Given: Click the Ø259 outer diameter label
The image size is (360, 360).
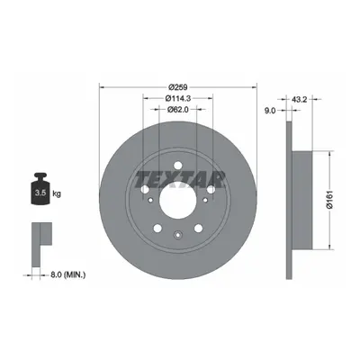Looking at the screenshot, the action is click(178, 87).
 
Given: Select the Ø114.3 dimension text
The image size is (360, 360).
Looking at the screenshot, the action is click(178, 98).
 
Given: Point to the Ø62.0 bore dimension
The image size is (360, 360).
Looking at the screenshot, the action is click(177, 110).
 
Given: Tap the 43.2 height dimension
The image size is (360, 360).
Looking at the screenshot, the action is click(299, 100).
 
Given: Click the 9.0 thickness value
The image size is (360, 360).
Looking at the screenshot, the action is click(270, 111).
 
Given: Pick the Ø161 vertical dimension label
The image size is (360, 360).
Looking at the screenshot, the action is click(329, 201).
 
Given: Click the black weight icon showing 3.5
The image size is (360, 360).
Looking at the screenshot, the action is click(40, 189).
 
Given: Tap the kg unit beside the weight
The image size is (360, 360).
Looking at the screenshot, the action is click(57, 193).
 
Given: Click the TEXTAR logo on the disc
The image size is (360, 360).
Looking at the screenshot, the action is click(180, 179).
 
